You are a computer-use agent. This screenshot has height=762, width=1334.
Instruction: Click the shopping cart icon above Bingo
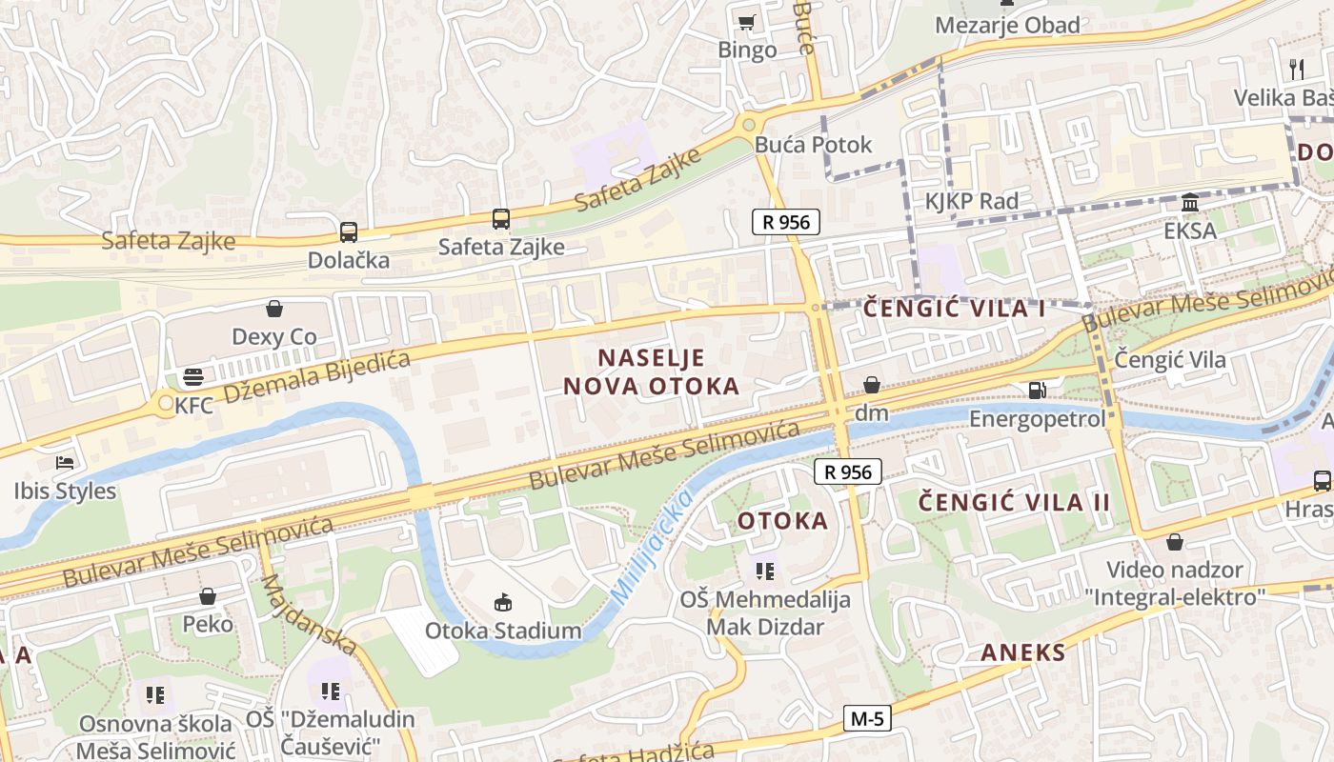click(x=747, y=22)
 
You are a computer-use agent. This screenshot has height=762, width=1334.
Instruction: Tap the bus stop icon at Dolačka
click(x=349, y=231)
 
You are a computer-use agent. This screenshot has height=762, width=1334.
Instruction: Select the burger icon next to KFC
click(x=192, y=377)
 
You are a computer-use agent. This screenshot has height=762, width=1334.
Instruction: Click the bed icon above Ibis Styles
click(x=65, y=463)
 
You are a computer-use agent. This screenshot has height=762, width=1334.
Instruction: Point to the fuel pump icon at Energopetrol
click(x=1037, y=390)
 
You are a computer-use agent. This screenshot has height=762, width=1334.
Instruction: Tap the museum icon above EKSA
click(x=1190, y=203)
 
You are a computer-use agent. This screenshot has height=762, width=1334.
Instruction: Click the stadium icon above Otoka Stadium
click(x=502, y=602)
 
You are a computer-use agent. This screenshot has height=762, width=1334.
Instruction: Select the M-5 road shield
click(x=867, y=719)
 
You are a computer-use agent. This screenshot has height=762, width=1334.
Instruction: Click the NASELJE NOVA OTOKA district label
click(x=651, y=371)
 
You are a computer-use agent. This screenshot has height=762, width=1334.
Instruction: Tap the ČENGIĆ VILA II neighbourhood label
click(x=1015, y=502)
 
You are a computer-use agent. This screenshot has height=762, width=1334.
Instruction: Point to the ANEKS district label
click(x=1023, y=652)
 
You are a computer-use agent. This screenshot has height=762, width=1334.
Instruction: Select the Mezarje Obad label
click(x=1007, y=25)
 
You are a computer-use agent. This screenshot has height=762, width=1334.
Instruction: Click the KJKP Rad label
click(x=972, y=201)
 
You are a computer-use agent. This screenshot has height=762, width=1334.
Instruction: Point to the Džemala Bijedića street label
click(x=316, y=377)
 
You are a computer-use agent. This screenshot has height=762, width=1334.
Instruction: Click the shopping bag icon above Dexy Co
click(x=274, y=309)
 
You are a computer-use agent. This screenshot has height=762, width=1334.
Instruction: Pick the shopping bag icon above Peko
click(x=208, y=596)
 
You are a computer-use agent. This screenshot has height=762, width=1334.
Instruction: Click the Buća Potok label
click(x=813, y=145)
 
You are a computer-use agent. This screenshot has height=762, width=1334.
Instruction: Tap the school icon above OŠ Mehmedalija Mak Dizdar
click(x=764, y=571)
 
